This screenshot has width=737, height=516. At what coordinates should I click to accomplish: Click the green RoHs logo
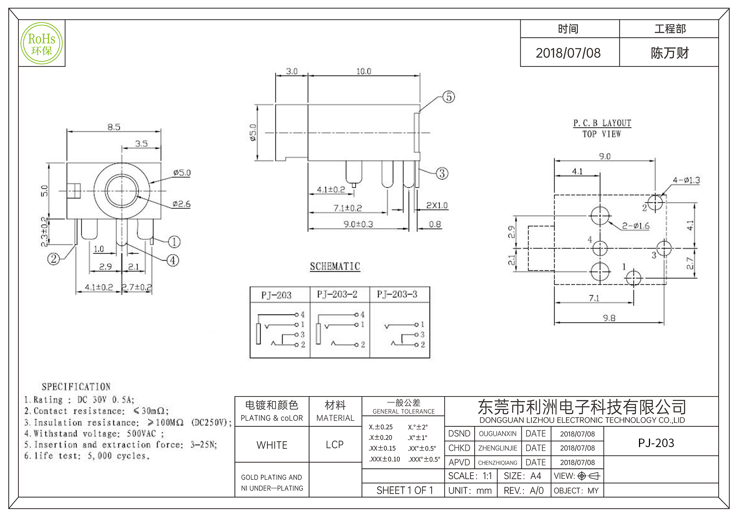pyautogui.click(x=42, y=43)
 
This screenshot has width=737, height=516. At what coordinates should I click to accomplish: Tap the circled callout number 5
pyautogui.click(x=448, y=97)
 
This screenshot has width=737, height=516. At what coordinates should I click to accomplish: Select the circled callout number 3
pyautogui.click(x=442, y=173)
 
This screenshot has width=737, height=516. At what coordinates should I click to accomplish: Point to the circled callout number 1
pyautogui.click(x=174, y=242)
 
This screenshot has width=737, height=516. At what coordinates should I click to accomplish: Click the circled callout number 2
pyautogui.click(x=53, y=259)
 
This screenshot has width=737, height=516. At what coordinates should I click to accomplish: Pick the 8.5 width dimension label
pyautogui.click(x=114, y=127)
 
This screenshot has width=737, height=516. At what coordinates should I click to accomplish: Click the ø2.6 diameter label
pyautogui.click(x=181, y=204)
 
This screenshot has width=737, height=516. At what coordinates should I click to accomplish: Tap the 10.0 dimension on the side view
pyautogui.click(x=363, y=72)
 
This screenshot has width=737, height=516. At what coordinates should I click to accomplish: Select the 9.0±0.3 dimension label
pyautogui.click(x=358, y=224)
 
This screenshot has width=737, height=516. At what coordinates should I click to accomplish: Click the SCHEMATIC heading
pyautogui.click(x=335, y=266)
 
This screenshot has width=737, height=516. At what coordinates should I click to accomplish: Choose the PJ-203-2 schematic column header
pyautogui.click(x=337, y=294)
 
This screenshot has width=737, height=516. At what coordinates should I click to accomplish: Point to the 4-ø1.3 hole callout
pyautogui.click(x=686, y=180)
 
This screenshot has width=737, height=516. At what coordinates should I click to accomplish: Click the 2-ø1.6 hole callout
pyautogui.click(x=636, y=226)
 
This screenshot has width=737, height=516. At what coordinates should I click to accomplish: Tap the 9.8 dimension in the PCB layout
pyautogui.click(x=609, y=318)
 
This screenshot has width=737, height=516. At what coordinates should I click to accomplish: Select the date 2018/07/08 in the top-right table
pyautogui.click(x=568, y=53)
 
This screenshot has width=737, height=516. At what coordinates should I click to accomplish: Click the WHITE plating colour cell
pyautogui.click(x=272, y=445)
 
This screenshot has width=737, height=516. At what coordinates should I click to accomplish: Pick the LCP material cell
pyautogui.click(x=335, y=445)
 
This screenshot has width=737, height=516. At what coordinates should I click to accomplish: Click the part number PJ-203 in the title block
pyautogui.click(x=656, y=443)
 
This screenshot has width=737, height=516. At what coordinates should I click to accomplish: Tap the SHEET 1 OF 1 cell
pyautogui.click(x=405, y=491)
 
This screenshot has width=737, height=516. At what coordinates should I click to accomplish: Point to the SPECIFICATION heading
pyautogui.click(x=76, y=387)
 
